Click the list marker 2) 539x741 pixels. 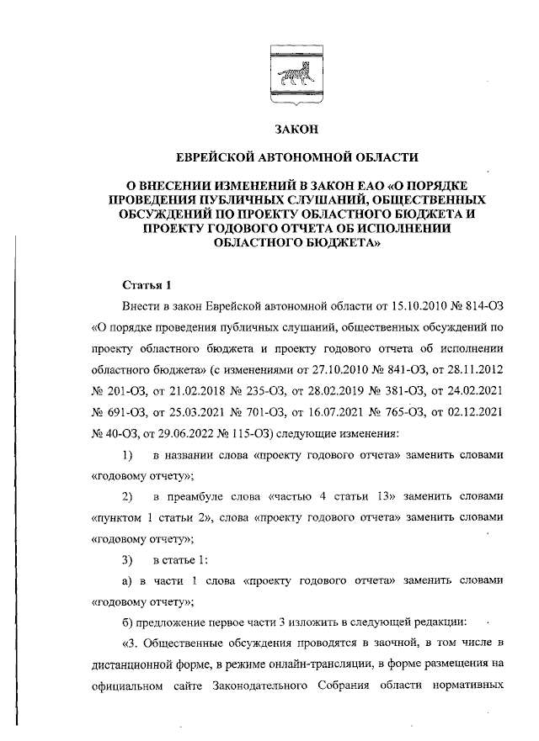pos(128,497)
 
